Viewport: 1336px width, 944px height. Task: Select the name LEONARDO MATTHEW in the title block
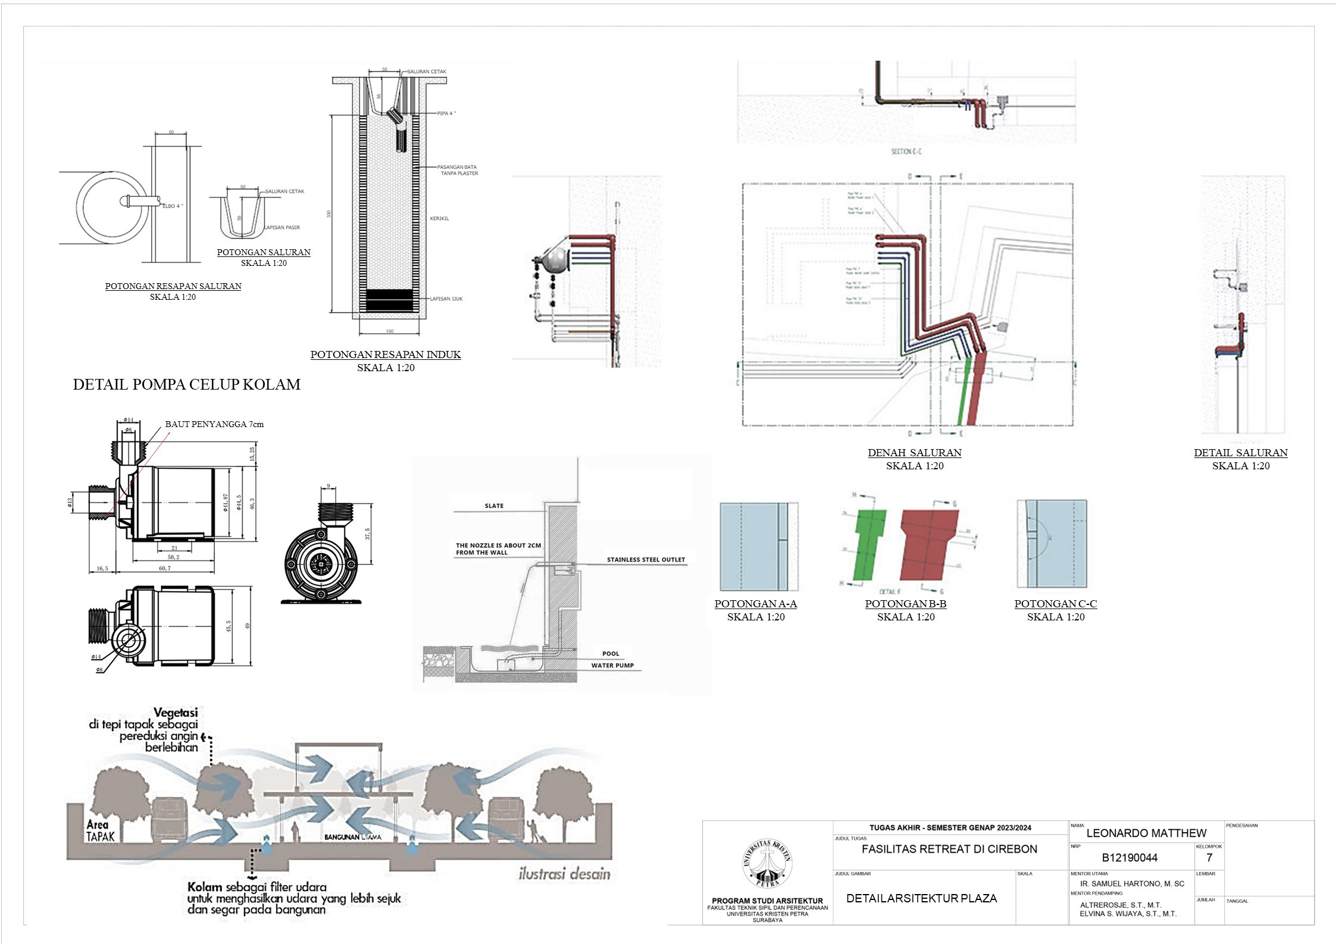pos(1146,833)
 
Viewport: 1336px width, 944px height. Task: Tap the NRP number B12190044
pos(1130,858)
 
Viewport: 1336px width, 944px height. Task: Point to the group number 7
pos(1209,858)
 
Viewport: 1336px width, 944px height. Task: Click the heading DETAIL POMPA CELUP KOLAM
pos(186,384)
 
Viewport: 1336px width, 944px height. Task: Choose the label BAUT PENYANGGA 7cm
pos(214,424)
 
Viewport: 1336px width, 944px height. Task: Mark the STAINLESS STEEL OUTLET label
pos(646,560)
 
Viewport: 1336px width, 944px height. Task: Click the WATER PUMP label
pos(612,665)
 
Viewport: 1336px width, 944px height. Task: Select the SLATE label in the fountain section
pos(494,506)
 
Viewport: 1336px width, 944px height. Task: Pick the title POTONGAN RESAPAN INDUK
pos(386,355)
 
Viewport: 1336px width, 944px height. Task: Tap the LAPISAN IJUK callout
pos(446,299)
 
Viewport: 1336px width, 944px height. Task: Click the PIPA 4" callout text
pos(446,113)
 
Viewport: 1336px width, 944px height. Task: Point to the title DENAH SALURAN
pos(914,453)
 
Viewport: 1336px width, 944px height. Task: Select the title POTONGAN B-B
pos(905,604)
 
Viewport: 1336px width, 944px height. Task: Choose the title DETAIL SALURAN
pos(1240,453)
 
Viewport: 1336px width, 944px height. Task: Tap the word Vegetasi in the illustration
pos(176,712)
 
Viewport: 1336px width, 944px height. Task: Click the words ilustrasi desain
pos(564,874)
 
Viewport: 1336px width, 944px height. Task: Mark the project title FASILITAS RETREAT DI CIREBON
pos(949,849)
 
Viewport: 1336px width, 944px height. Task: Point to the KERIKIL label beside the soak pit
pos(439,218)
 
